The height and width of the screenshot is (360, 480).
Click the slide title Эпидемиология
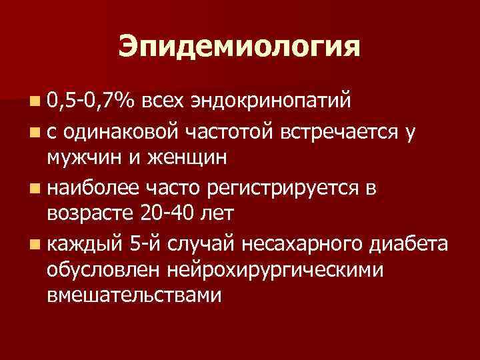[x=239, y=47]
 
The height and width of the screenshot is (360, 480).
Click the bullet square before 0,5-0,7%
[x=33, y=101]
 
